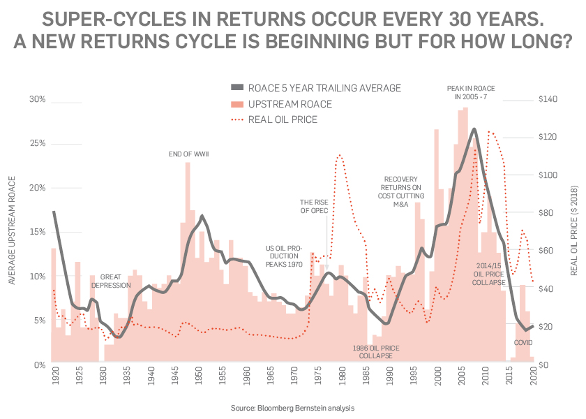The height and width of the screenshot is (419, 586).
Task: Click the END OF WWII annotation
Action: pyautogui.click(x=189, y=154)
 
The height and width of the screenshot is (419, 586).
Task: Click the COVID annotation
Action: pyautogui.click(x=523, y=343)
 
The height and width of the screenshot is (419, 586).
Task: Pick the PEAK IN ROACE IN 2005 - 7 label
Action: pyautogui.click(x=471, y=93)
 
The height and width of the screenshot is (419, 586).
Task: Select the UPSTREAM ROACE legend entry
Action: pyautogui.click(x=290, y=104)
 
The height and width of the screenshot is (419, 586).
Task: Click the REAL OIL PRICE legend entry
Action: pyautogui.click(x=283, y=119)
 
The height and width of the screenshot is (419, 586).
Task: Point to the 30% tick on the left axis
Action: pyautogui.click(x=37, y=100)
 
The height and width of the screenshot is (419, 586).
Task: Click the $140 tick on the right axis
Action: pyautogui.click(x=549, y=100)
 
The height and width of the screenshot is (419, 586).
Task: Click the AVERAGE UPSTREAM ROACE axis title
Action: pyautogui.click(x=12, y=232)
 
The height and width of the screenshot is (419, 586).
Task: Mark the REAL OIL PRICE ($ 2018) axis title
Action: pyautogui.click(x=575, y=232)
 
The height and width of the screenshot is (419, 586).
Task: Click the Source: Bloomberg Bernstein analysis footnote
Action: pyautogui.click(x=292, y=407)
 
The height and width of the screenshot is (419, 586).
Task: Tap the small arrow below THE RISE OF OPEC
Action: pyautogui.click(x=326, y=224)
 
